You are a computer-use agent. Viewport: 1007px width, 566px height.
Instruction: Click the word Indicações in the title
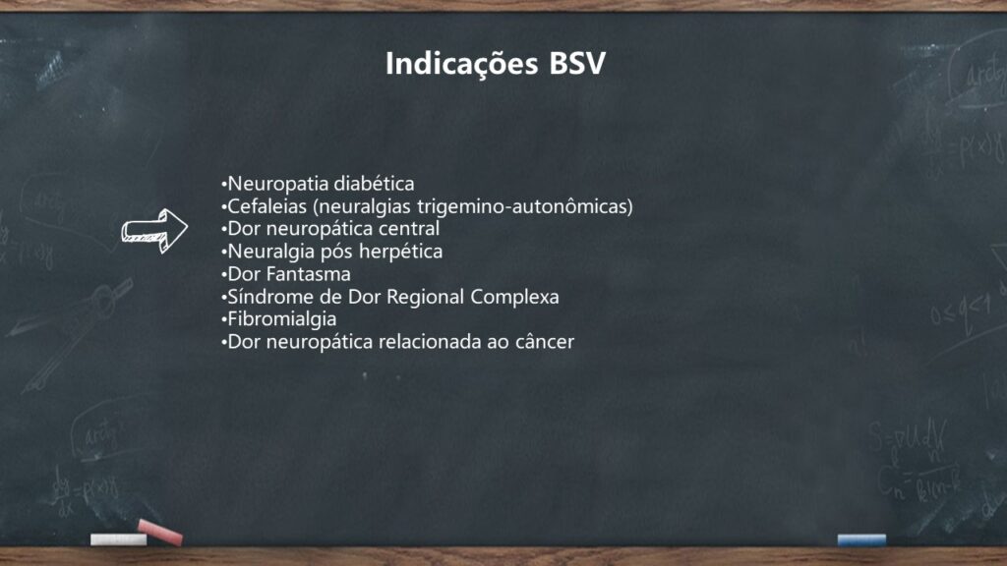[x=461, y=65]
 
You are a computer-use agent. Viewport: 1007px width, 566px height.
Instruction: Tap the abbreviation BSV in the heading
[x=577, y=64]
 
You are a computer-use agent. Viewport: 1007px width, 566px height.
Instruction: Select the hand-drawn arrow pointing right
[x=154, y=230]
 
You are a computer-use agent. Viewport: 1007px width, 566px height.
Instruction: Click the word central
[x=409, y=228]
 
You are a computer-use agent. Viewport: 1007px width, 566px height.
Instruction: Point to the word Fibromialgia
[x=282, y=319]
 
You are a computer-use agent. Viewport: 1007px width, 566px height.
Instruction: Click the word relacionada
[x=430, y=341]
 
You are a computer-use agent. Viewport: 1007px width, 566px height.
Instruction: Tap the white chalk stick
[x=118, y=539]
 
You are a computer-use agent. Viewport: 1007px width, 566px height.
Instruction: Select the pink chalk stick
[x=160, y=532]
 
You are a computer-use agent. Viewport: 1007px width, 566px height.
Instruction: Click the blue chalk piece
[x=861, y=539]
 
